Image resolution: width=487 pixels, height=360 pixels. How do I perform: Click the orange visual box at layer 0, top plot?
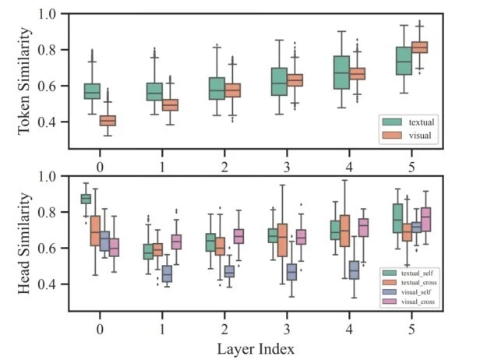108,121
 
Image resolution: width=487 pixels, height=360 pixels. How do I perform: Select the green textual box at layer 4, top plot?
341,72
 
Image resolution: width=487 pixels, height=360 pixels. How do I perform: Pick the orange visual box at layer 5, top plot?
419,48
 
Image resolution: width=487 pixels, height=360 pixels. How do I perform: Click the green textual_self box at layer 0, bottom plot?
86,199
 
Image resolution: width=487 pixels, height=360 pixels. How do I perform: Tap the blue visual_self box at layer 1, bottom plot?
167,274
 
